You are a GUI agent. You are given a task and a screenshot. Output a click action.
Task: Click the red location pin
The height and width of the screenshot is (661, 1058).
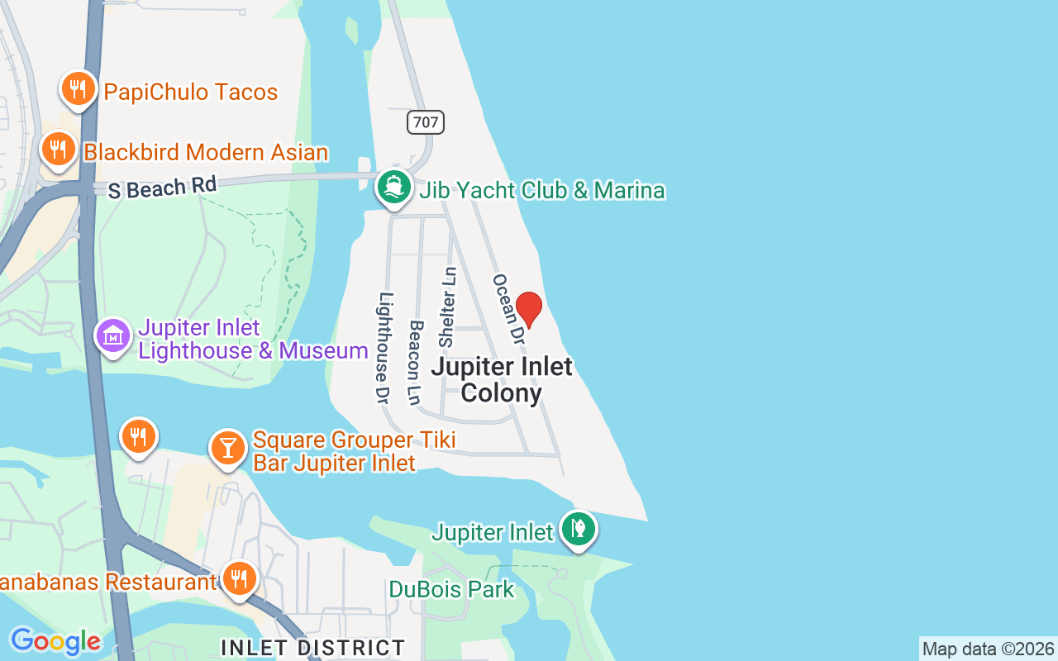click(x=529, y=309)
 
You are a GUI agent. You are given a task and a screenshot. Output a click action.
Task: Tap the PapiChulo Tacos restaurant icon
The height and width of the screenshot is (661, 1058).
click(x=79, y=88)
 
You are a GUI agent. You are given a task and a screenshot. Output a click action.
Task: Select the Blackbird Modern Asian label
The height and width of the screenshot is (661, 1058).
click(x=206, y=152)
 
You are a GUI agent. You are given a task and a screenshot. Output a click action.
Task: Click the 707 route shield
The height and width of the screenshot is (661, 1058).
click(x=426, y=122)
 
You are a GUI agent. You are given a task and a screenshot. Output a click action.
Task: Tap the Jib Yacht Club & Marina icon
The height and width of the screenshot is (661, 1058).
click(x=394, y=188)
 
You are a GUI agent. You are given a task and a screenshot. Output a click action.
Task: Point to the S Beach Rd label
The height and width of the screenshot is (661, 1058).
click(x=162, y=188)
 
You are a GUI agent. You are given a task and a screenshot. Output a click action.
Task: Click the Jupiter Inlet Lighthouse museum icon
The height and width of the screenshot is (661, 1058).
click(x=113, y=336)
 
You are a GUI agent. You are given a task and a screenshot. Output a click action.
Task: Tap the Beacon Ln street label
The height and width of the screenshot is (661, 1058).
click(x=415, y=362)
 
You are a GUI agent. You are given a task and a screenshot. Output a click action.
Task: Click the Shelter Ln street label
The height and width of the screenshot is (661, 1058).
click(x=447, y=307)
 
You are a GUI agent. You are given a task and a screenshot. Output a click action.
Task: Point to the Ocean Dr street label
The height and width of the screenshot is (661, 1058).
click(x=508, y=310)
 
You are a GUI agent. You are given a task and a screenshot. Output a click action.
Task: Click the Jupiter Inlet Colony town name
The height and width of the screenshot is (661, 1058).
click(x=502, y=379)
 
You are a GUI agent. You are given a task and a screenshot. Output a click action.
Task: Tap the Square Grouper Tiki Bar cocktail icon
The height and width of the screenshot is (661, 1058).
click(x=227, y=448)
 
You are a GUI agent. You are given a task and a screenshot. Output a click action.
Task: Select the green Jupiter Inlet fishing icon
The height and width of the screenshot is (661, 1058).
click(x=579, y=528)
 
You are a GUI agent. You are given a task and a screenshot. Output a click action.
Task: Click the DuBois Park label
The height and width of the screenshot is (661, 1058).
click(x=452, y=589)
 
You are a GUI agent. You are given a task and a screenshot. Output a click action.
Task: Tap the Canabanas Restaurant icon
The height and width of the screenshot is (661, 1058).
click(x=239, y=579)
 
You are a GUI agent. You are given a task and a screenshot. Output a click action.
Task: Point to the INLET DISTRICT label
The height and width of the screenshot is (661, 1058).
click(x=313, y=647)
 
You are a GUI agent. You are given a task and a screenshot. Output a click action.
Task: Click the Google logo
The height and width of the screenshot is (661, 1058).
click(x=55, y=641)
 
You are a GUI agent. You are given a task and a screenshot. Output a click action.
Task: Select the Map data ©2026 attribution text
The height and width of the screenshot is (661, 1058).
click(x=988, y=649)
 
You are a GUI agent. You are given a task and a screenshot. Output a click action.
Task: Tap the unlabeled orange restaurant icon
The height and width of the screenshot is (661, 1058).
click(x=139, y=436)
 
